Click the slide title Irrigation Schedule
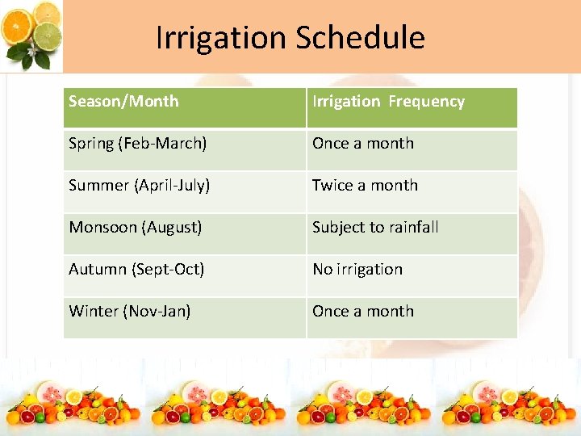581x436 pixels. (290, 37)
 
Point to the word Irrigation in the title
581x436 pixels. (220, 37)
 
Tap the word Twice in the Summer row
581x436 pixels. (332, 186)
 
